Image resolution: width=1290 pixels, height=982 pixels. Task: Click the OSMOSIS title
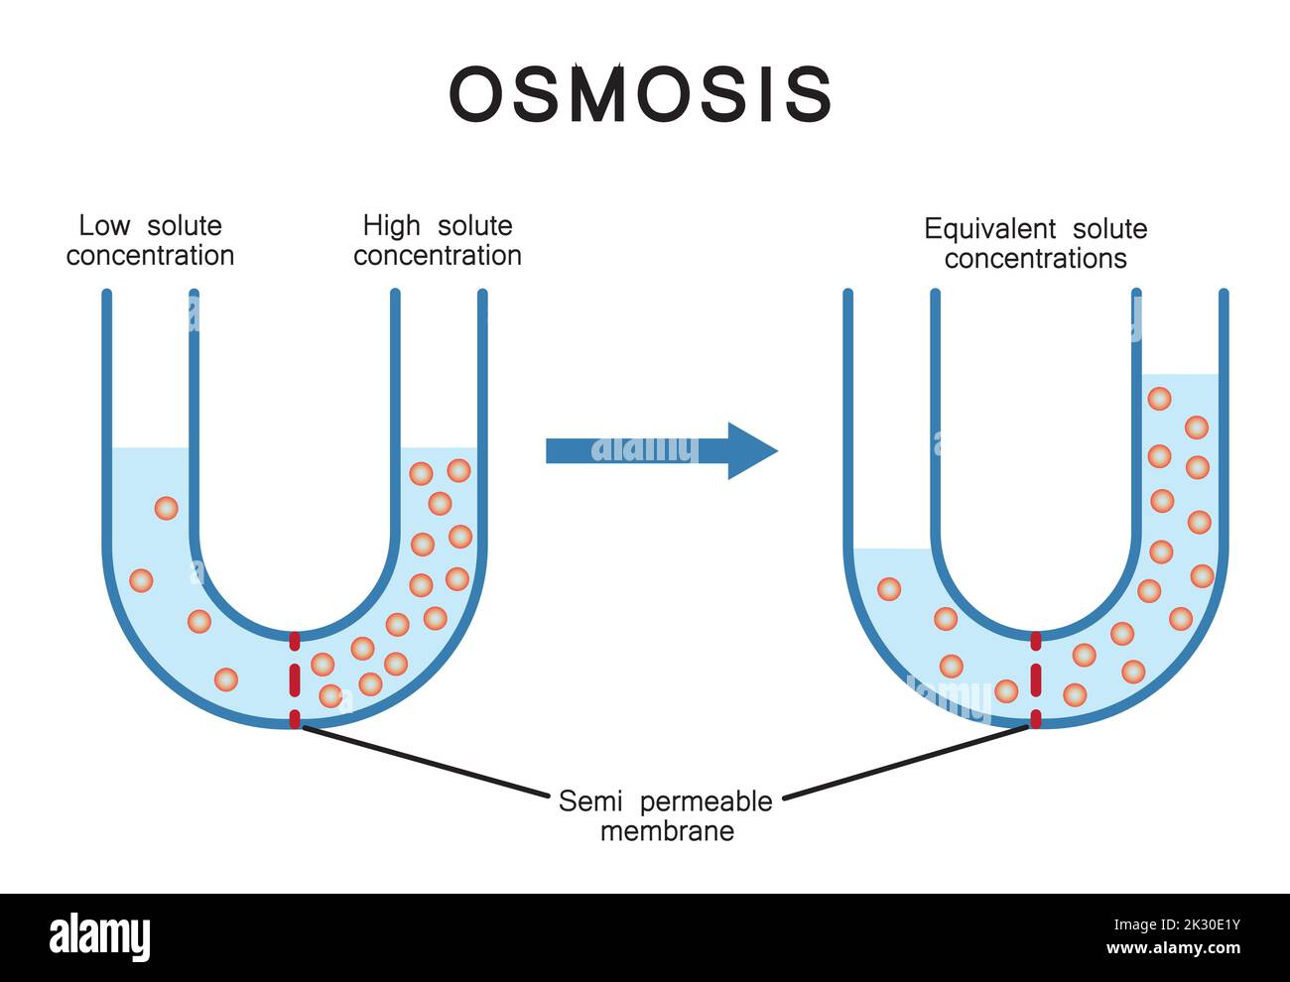point(640,95)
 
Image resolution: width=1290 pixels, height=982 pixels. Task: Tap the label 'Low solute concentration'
point(150,240)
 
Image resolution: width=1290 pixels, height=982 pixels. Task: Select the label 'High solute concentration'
point(438,240)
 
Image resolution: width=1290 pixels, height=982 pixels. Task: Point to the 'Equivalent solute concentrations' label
point(1035,243)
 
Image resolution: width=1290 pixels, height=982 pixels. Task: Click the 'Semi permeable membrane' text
point(665,814)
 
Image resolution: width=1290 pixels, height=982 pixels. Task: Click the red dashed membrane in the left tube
point(294,680)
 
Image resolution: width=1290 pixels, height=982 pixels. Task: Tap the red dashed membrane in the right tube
point(1036,680)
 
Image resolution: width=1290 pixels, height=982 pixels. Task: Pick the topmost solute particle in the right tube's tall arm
point(1159,399)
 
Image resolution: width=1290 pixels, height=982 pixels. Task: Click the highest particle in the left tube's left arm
point(166,509)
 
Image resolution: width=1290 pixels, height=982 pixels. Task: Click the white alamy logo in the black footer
point(100,937)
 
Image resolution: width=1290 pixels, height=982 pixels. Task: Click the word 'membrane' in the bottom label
point(667,830)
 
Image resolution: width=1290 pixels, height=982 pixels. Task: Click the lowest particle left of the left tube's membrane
point(226,679)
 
